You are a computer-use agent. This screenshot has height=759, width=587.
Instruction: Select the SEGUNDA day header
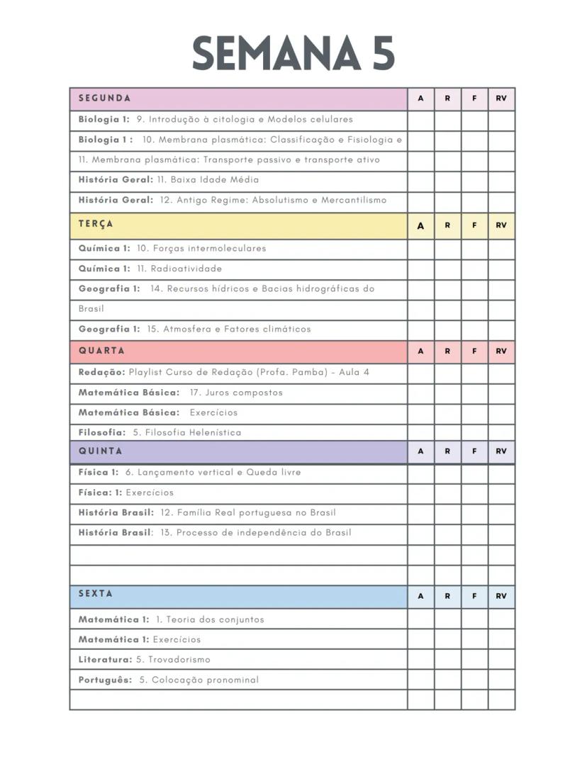pyautogui.click(x=105, y=99)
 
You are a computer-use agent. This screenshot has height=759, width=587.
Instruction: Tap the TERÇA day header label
pyautogui.click(x=96, y=224)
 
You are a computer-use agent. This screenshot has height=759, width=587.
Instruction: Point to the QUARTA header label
pyautogui.click(x=101, y=351)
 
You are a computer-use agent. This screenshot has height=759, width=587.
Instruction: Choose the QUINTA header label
pyautogui.click(x=101, y=451)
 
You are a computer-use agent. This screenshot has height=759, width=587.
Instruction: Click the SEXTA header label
pyautogui.click(x=96, y=594)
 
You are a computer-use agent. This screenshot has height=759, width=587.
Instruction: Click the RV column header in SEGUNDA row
pyautogui.click(x=501, y=99)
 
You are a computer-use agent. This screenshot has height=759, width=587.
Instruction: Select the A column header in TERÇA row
pyautogui.click(x=420, y=226)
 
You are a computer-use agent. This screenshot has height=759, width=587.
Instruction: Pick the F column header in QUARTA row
pyautogui.click(x=474, y=352)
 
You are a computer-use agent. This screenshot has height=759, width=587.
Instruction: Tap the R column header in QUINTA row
pyautogui.click(x=447, y=452)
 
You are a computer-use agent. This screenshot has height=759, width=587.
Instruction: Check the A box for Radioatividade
pyautogui.click(x=420, y=269)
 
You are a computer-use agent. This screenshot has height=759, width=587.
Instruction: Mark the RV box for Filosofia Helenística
pyautogui.click(x=501, y=432)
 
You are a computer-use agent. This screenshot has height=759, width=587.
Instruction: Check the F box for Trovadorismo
pyautogui.click(x=474, y=660)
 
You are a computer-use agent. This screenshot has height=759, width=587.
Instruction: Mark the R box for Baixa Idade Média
pyautogui.click(x=447, y=180)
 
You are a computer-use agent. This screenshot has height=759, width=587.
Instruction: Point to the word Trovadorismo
pyautogui.click(x=179, y=660)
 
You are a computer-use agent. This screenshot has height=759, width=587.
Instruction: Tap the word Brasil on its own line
pyautogui.click(x=91, y=309)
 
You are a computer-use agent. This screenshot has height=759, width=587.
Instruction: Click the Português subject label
pyautogui.click(x=105, y=680)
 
